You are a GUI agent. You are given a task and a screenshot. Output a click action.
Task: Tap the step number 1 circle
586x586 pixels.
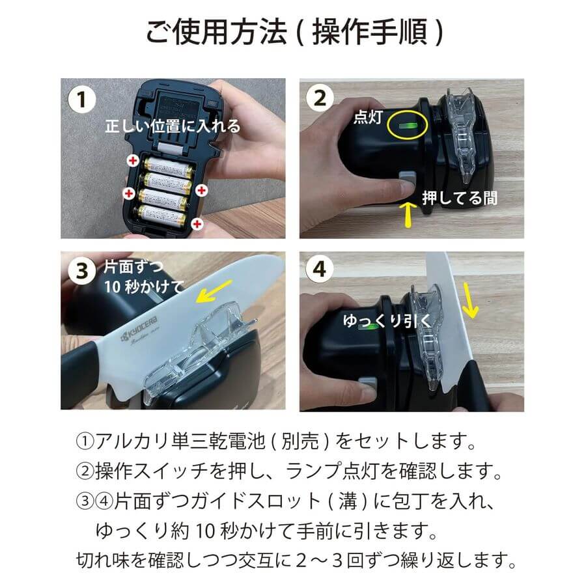[x=81, y=100]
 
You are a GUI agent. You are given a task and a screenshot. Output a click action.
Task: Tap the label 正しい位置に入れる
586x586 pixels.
[x=173, y=126]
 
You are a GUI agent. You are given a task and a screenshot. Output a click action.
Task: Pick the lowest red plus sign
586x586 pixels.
[x=197, y=223]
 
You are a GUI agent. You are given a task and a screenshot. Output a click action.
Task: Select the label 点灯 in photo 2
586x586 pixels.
[x=367, y=117]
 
